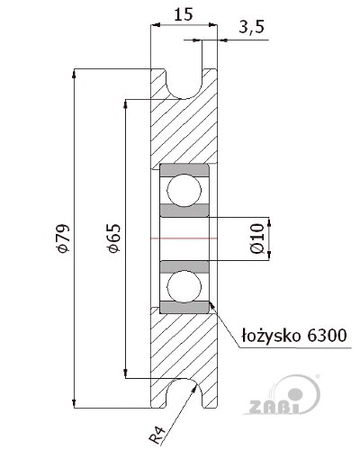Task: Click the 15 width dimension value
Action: pyautogui.click(x=183, y=14)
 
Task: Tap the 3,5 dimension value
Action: pyautogui.click(x=251, y=27)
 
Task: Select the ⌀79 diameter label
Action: pyautogui.click(x=63, y=238)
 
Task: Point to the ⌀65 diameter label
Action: pyautogui.click(x=114, y=238)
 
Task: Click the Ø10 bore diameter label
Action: pyautogui.click(x=257, y=238)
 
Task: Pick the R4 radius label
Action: pyautogui.click(x=157, y=436)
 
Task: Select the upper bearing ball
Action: pyautogui.click(x=184, y=190)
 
